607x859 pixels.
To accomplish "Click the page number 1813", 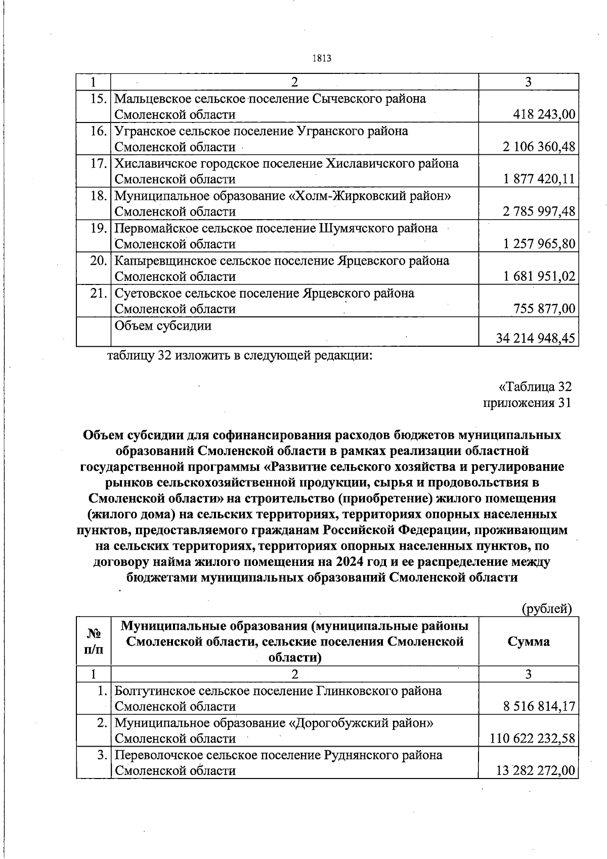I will [x=322, y=58].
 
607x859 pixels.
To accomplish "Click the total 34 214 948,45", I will [x=536, y=338].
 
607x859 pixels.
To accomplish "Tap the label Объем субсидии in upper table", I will [x=163, y=325].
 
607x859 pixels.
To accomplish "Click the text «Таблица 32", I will [x=535, y=387].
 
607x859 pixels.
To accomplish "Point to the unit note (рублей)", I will [x=546, y=608].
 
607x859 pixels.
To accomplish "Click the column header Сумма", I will [x=528, y=642].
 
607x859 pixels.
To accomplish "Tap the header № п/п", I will [x=94, y=642].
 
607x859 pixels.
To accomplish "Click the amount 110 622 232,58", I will [x=533, y=739].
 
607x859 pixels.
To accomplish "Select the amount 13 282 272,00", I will [x=535, y=771].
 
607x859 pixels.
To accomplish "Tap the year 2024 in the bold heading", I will [x=347, y=562].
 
